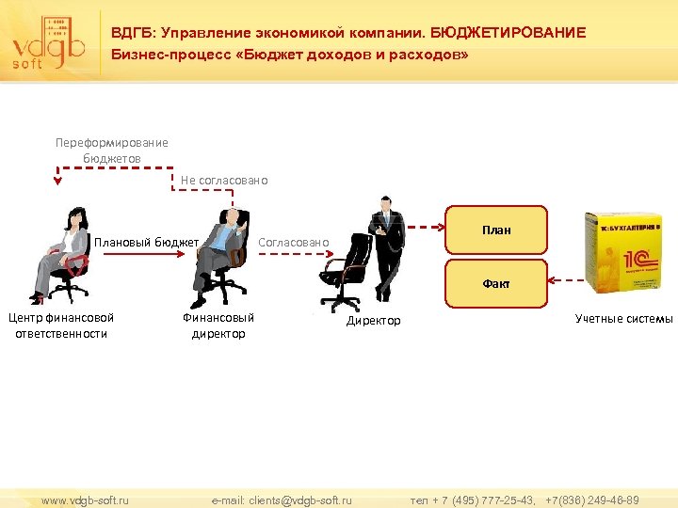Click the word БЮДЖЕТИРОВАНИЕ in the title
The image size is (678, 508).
[508, 33]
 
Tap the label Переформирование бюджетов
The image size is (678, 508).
[111, 151]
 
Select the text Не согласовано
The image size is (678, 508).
[224, 180]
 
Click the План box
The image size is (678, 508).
[496, 230]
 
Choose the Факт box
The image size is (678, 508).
[496, 283]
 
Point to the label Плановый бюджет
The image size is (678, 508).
[146, 243]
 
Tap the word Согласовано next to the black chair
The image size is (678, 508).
[294, 243]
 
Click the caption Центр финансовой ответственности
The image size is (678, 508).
[61, 325]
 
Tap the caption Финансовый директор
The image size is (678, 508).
[218, 325]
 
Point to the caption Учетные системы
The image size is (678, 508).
[624, 319]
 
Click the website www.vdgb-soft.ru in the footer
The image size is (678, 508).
[85, 500]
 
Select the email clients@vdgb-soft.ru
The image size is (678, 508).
[282, 500]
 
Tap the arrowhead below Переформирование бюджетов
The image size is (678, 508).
[57, 183]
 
